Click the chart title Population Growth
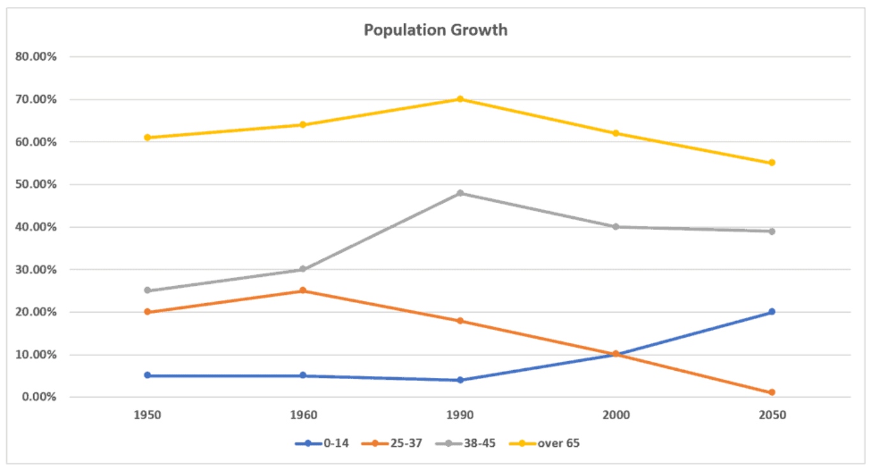436,30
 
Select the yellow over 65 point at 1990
459,99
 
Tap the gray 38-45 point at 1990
459,193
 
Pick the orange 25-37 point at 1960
303,290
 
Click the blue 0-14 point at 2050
771,311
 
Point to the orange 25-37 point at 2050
771,392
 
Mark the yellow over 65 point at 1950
147,137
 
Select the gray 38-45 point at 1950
147,290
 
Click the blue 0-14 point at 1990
459,380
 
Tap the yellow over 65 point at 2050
771,163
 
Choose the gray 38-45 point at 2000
616,227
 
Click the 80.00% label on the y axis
38,57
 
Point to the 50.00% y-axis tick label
38,184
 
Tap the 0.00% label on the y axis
40,397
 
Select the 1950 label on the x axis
147,415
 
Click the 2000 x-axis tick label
616,415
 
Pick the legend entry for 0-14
322,443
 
